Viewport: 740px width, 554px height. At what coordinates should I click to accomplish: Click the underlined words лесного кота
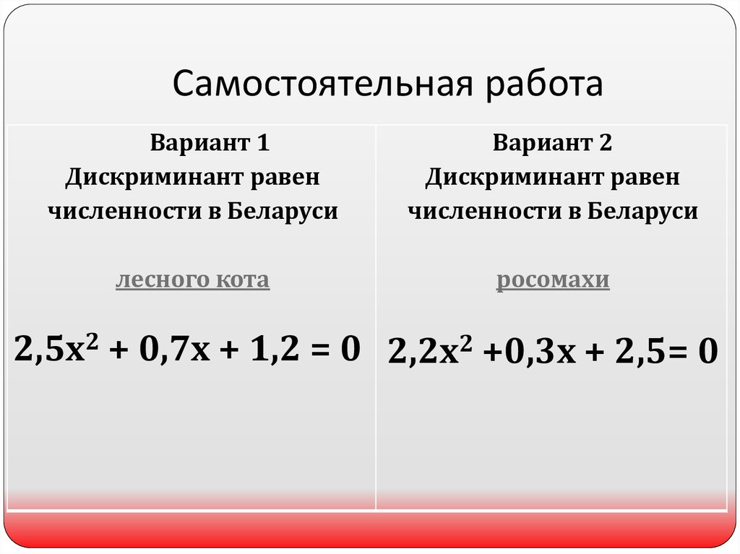[x=192, y=280]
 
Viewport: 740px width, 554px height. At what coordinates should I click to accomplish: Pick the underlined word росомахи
[x=553, y=280]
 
